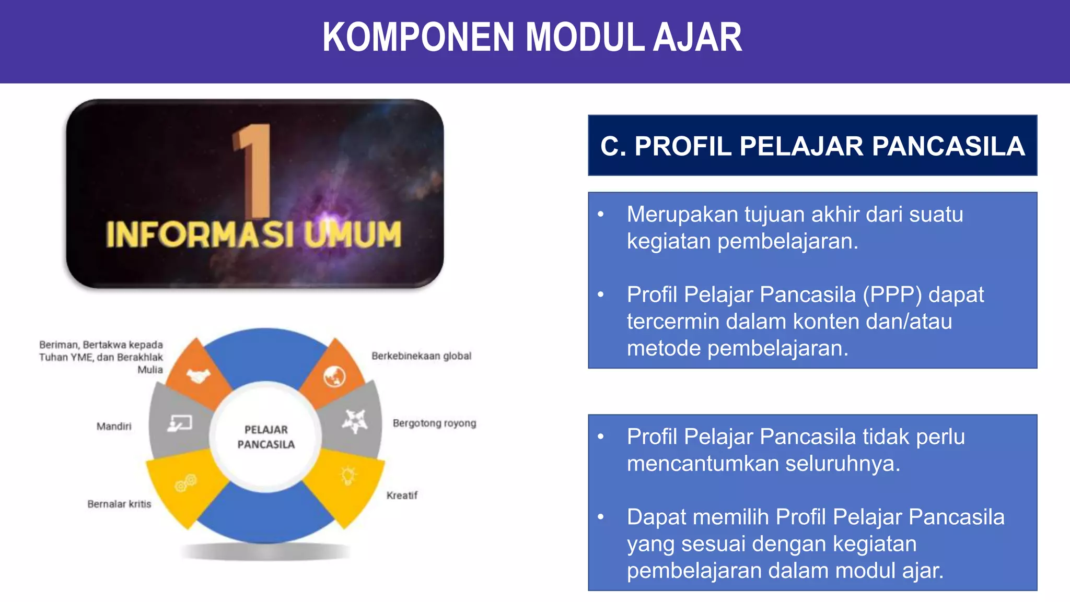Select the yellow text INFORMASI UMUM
254,234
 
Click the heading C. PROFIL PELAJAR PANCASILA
812,146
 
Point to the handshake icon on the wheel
198,375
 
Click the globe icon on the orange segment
334,376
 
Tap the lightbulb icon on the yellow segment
348,475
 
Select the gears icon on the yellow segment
185,483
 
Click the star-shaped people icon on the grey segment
355,421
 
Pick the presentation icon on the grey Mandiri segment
180,423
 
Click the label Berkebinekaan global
421,356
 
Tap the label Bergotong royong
434,423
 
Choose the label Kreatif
402,495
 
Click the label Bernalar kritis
119,504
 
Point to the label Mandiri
114,427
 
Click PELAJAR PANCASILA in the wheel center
266,436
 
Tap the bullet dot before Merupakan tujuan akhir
601,214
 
